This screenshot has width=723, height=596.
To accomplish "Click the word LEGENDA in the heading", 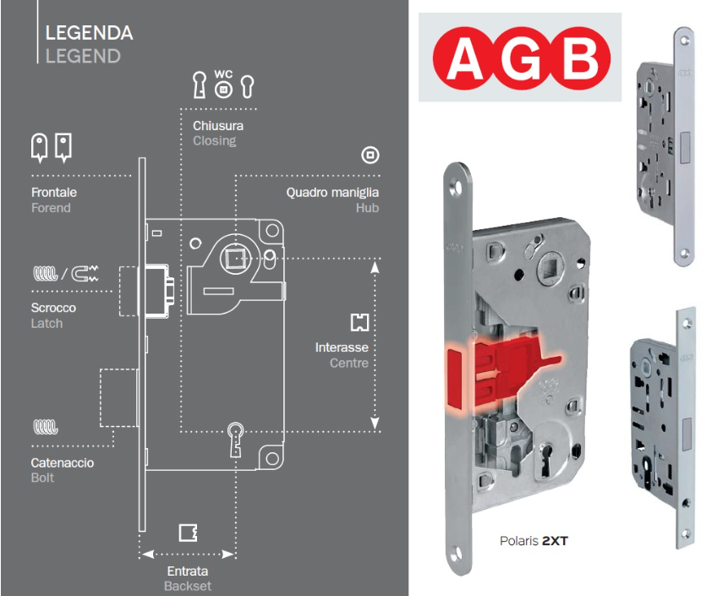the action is (x=90, y=33).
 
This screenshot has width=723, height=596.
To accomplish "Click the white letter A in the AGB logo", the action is (x=465, y=58).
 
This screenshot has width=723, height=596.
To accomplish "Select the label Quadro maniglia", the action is (x=332, y=193).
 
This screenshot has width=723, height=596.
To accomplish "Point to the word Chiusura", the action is (x=218, y=125).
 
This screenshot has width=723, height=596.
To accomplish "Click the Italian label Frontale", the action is (x=54, y=192).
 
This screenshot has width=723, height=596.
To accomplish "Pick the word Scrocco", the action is (x=53, y=308).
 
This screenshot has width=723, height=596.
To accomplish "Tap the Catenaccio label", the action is (x=63, y=462).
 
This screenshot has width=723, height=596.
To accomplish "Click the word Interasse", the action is (x=342, y=347).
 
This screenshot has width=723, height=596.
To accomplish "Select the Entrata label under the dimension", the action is (x=187, y=571).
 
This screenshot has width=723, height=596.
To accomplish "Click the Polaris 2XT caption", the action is (x=534, y=541).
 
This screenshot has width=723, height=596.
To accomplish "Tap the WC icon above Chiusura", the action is (x=223, y=84).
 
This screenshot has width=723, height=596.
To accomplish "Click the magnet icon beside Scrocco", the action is (x=85, y=273).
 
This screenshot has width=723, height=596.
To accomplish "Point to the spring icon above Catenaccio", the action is (x=45, y=427).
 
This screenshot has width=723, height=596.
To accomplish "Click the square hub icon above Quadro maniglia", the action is (x=370, y=155).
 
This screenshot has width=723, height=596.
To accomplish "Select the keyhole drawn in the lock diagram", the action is (x=236, y=440).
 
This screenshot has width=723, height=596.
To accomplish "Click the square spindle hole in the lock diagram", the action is (x=235, y=259).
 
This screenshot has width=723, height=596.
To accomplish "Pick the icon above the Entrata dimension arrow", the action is (x=188, y=533).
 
